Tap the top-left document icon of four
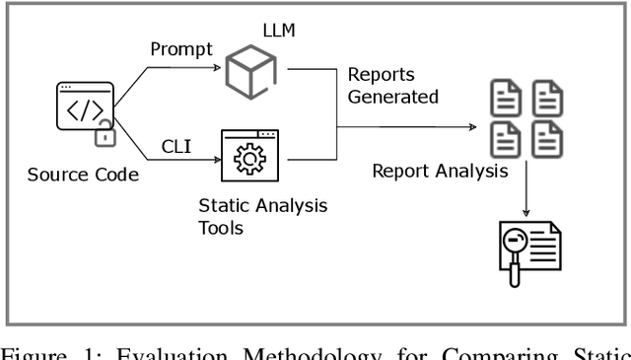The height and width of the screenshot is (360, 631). pos(504,100)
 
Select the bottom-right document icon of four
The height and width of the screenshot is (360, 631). pos(547,138)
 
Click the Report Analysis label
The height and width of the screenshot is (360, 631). pos(440,171)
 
